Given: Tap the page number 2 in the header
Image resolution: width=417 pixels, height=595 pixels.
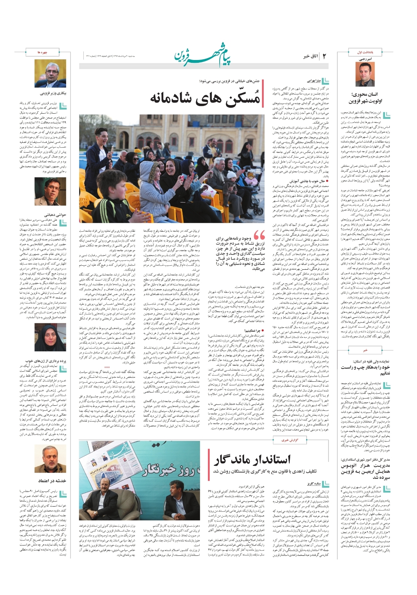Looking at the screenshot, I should tap(324, 57).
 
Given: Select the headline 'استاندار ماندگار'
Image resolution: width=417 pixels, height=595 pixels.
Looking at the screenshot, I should tap(252, 460).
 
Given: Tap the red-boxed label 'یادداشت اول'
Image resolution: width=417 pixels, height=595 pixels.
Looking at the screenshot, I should tap(365, 52).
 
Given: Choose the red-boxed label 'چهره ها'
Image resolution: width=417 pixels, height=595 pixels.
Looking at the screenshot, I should tap(42, 52).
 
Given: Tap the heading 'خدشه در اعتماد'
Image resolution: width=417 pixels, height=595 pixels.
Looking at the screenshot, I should tap(52, 481).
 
